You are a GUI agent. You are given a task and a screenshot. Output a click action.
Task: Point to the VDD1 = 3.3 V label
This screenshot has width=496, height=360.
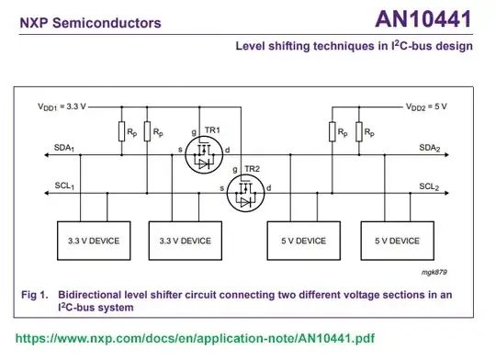tap(62, 107)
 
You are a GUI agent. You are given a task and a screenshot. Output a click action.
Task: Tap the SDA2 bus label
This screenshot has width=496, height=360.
tap(431, 148)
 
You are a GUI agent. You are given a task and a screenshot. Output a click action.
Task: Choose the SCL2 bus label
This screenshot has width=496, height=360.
tap(431, 186)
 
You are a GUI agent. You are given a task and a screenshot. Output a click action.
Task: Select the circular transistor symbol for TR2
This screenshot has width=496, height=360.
tap(244, 196)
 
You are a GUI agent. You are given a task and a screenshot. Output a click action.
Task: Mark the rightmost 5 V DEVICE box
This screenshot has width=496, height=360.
tap(397, 241)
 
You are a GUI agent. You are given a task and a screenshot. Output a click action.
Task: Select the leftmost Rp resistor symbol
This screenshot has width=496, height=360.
tap(120, 132)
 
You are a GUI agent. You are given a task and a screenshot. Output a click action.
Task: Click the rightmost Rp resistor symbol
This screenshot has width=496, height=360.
tap(359, 132)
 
